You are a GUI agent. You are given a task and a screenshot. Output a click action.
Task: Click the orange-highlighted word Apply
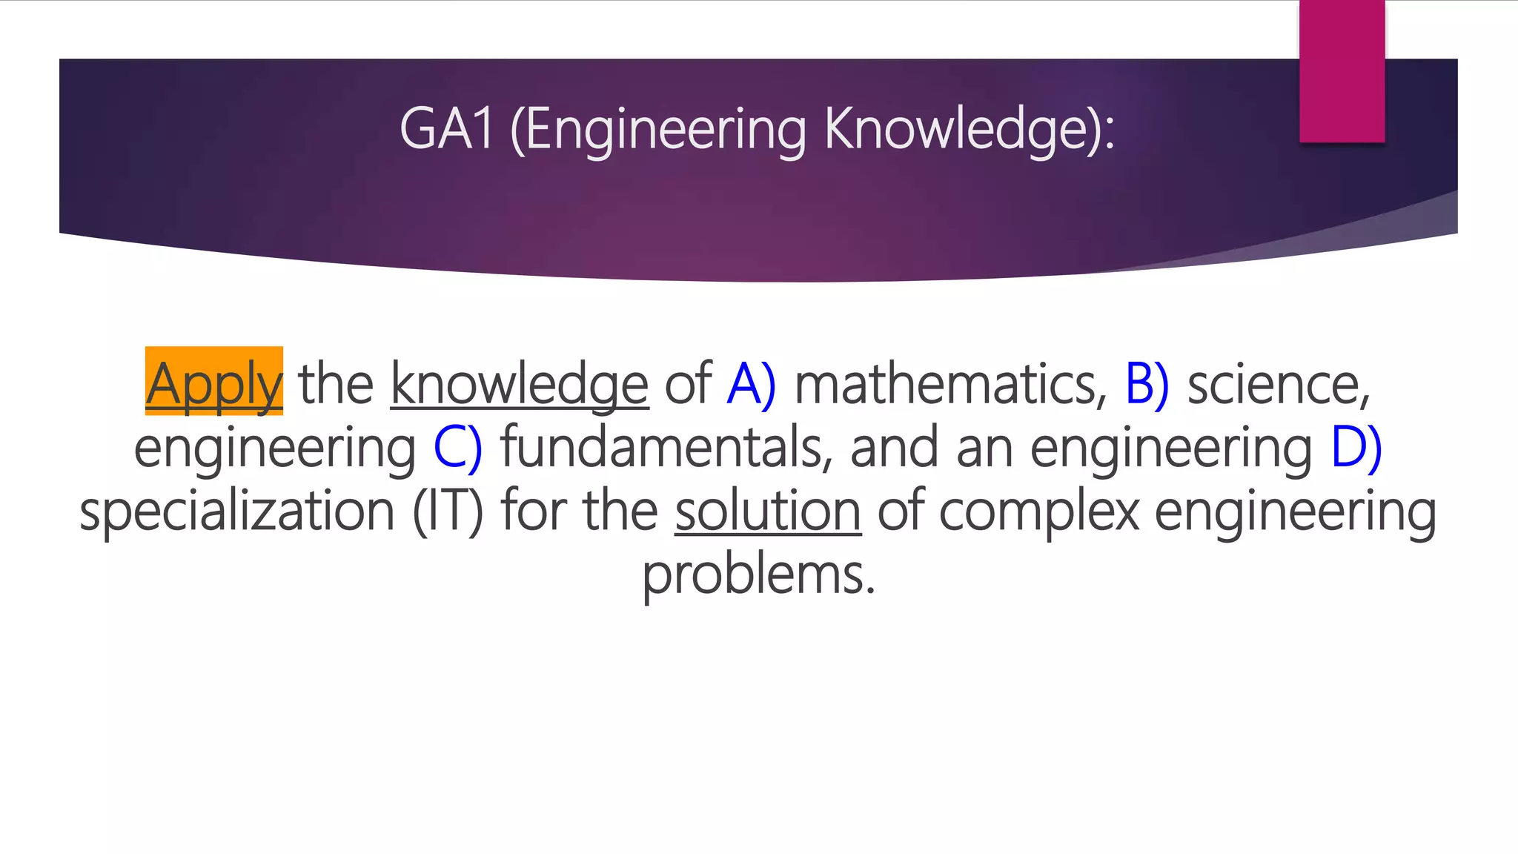pos(213,383)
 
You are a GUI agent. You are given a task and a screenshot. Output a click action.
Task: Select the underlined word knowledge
pos(520,383)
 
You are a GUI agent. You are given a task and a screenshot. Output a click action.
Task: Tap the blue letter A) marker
pos(751,383)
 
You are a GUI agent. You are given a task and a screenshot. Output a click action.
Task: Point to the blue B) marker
pos(1147,383)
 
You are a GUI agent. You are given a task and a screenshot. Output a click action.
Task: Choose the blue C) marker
pos(457,447)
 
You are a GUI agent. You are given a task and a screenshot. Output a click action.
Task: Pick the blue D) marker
pos(1356,447)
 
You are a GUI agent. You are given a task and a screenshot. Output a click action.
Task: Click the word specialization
pos(237,511)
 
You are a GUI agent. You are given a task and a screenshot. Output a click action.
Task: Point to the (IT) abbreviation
pos(448,511)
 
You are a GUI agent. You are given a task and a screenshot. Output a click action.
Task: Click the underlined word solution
pos(768,511)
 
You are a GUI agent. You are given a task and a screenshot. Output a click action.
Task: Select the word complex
pos(1038,511)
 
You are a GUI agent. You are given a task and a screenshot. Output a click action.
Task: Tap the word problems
pos(758,575)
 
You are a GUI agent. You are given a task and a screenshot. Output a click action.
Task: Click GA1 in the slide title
pos(446,128)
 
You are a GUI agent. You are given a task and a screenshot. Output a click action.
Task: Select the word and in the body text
pos(894,447)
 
